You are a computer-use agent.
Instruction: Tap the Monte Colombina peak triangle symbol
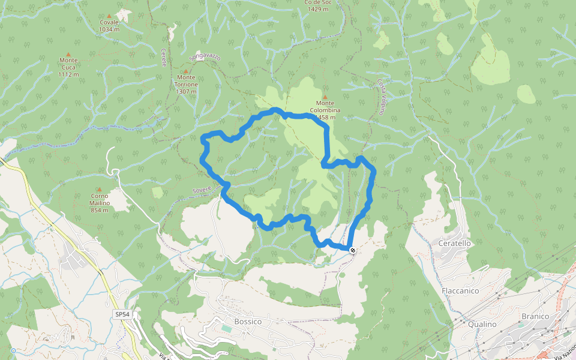pos(325,97)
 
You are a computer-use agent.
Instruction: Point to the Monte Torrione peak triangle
pos(186,71)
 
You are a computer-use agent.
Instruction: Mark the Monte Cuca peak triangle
pos(68,53)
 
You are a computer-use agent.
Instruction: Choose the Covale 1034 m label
pos(109,26)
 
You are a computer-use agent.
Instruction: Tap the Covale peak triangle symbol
pos(109,16)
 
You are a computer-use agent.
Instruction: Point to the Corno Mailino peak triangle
pos(100,189)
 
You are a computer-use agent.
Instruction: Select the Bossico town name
pos(248,322)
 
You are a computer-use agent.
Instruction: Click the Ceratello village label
pos(455,244)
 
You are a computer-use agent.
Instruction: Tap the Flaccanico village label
pos(460,290)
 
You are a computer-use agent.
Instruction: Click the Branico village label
pos(535,316)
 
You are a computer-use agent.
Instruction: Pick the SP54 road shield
pos(122,314)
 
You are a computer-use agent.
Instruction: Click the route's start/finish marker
pos(352,250)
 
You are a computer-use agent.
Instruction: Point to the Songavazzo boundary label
pos(205,58)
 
